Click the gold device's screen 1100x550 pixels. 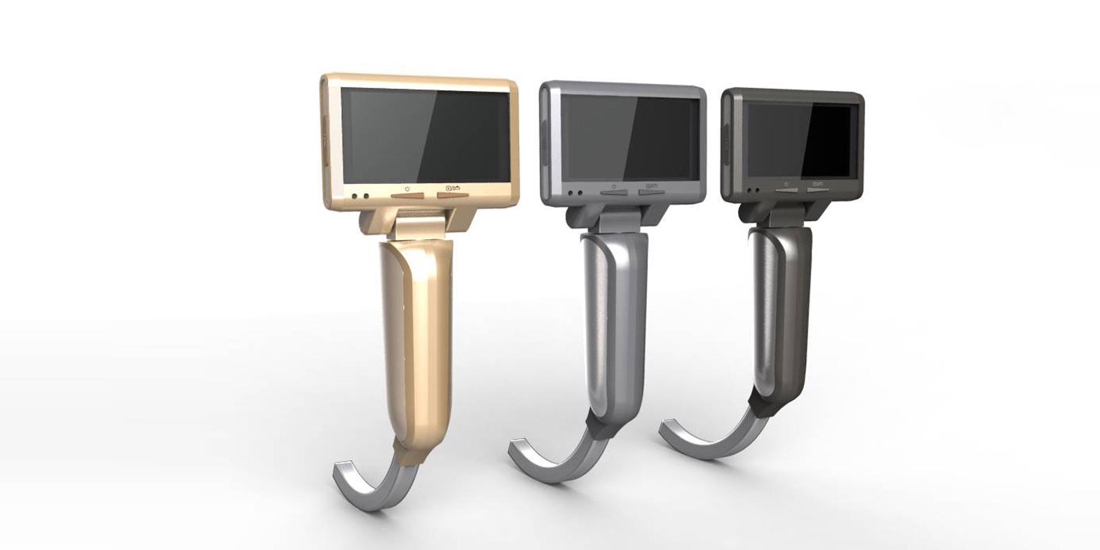pos(425,135)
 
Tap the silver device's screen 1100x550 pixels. pos(629,137)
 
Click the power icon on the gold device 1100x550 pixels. pos(407,189)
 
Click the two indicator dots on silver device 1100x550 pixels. pos(575,194)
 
